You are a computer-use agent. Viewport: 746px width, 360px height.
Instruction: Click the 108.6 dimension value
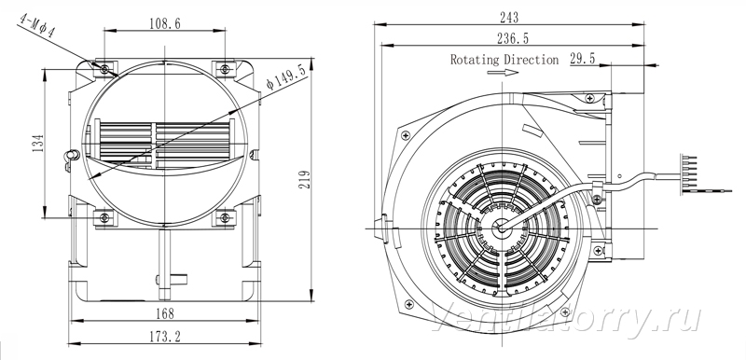[165, 23]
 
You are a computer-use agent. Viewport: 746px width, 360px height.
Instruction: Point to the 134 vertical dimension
[38, 143]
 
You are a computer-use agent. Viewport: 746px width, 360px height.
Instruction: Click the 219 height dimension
[304, 179]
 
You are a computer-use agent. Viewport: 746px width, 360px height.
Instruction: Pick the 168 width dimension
[165, 313]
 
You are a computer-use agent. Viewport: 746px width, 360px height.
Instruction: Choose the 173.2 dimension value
[165, 337]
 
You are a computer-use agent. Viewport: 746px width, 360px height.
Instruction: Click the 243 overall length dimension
[509, 18]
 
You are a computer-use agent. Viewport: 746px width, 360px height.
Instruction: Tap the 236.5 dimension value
[513, 38]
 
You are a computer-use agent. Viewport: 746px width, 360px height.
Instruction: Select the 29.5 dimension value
[583, 59]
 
